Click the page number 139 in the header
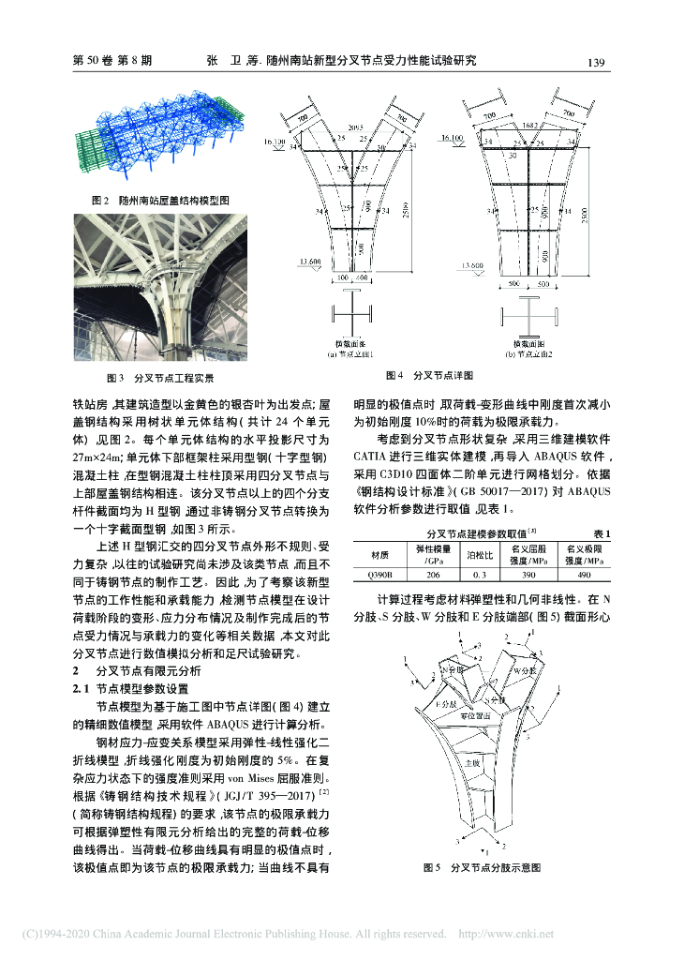[593, 62]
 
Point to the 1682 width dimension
[530, 125]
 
